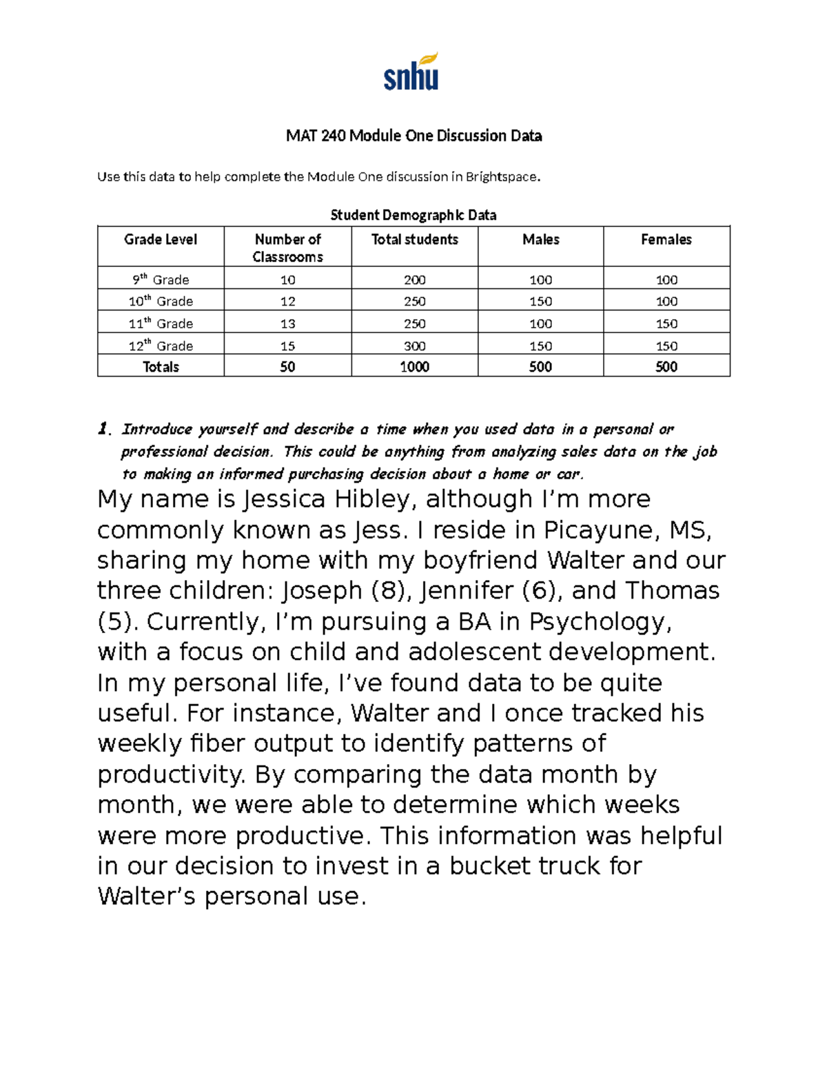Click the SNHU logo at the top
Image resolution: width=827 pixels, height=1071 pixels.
click(x=411, y=72)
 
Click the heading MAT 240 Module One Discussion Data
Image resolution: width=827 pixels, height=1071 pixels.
click(x=413, y=136)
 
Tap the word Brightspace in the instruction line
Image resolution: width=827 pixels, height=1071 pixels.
click(x=501, y=177)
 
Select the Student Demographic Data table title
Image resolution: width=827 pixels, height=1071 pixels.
click(x=413, y=215)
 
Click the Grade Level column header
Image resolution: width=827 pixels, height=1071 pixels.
click(x=161, y=240)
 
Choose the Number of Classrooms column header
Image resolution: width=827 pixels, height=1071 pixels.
click(x=287, y=248)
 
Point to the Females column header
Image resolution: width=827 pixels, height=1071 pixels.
click(x=666, y=240)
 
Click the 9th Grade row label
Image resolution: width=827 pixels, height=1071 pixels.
click(x=161, y=279)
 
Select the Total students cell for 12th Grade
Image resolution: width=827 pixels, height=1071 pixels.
click(x=414, y=346)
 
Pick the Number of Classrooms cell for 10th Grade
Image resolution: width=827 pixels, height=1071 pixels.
click(x=287, y=301)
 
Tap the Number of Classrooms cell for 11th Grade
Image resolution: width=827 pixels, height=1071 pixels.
click(x=287, y=323)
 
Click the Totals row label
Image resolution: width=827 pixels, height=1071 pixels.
click(x=161, y=367)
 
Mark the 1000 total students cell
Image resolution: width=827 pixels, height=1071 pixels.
click(x=414, y=367)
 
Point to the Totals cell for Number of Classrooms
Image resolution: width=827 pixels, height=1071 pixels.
click(x=287, y=367)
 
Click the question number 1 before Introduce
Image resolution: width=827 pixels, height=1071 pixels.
click(x=103, y=430)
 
